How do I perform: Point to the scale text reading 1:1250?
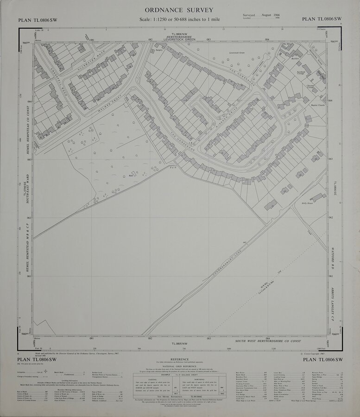point(164,19)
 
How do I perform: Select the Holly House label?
point(307,203)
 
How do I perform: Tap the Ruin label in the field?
point(131,176)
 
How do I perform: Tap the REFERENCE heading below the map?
point(179,359)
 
